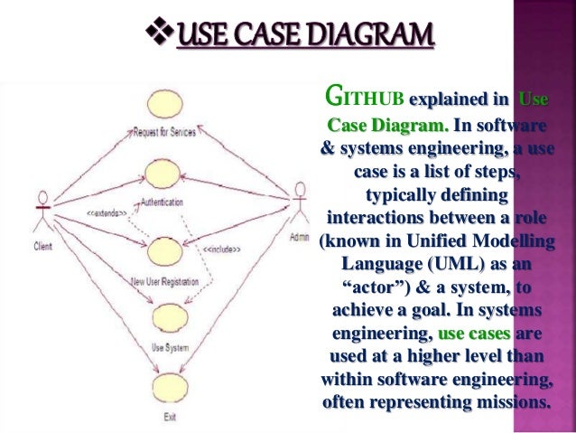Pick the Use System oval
coord(168,317)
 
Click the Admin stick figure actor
coord(301,207)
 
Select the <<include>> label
coord(220,249)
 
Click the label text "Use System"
coord(168,346)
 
